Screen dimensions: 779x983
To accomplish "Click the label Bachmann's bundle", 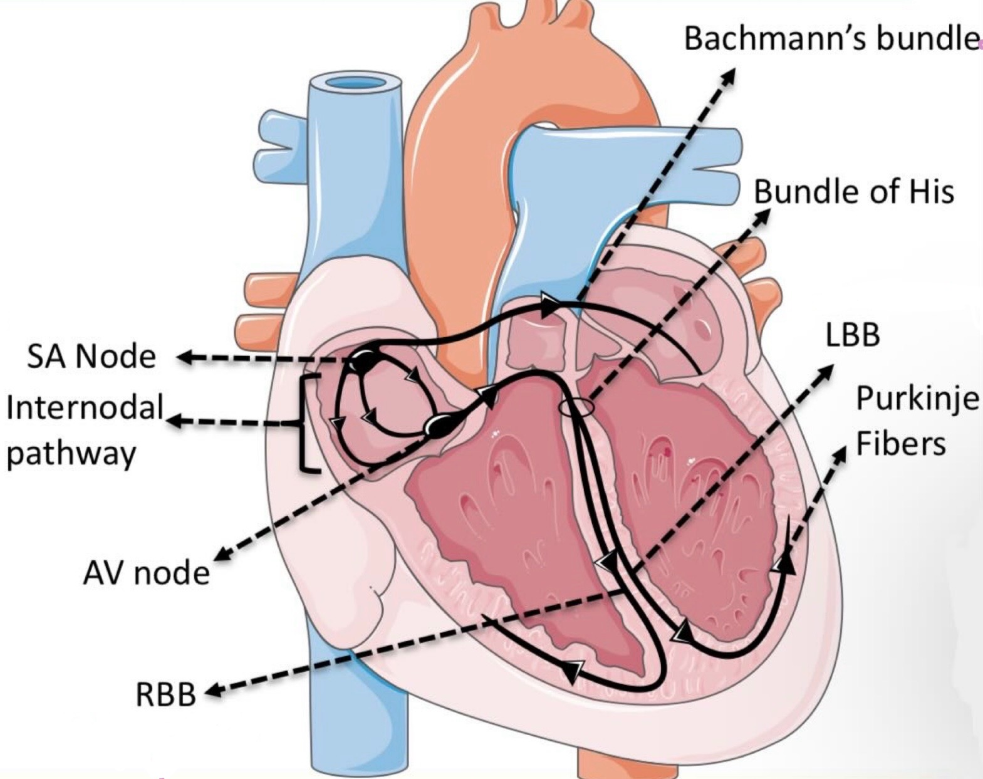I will point(831,38).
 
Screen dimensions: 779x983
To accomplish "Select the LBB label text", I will point(852,335).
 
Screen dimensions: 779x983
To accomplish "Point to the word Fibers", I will point(900,444).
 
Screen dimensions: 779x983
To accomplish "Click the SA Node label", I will point(91,357).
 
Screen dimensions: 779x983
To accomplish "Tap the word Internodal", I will point(85,407).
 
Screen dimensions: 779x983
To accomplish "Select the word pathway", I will point(71,452).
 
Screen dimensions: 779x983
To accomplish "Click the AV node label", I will point(146,573).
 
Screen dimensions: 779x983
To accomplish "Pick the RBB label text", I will point(166,695).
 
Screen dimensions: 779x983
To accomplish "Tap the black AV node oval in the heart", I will point(437,426).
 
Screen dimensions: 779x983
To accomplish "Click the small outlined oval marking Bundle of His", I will point(576,408).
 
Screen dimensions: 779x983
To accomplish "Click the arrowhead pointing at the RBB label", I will point(214,691).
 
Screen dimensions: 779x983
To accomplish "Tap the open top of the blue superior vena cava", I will point(355,83).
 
